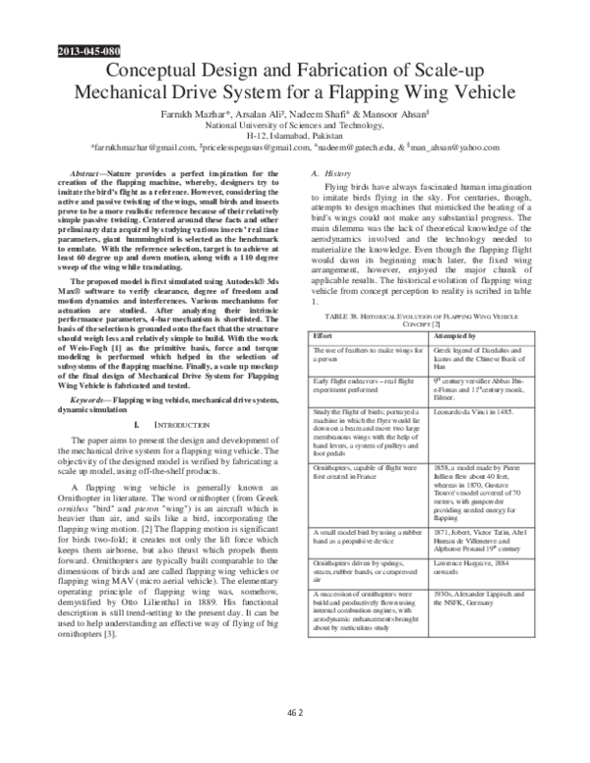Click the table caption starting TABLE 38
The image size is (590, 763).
(421, 317)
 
